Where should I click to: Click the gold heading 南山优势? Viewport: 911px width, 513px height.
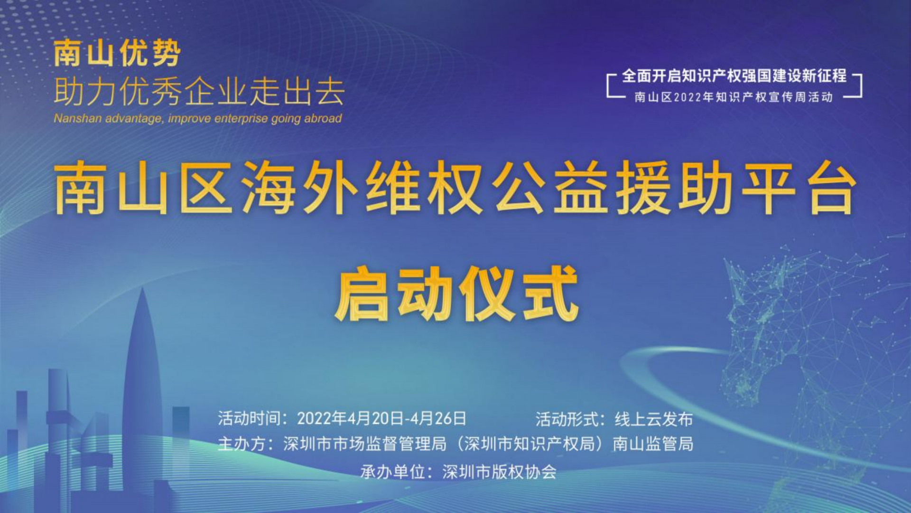click(117, 53)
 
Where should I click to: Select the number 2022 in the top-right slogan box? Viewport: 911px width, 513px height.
click(688, 97)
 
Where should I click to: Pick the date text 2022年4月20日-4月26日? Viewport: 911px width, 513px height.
click(381, 418)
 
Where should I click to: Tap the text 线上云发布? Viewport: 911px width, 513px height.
click(654, 419)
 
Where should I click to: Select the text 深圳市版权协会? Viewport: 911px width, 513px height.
click(499, 472)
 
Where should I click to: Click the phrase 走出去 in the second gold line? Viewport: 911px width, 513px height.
click(297, 92)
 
